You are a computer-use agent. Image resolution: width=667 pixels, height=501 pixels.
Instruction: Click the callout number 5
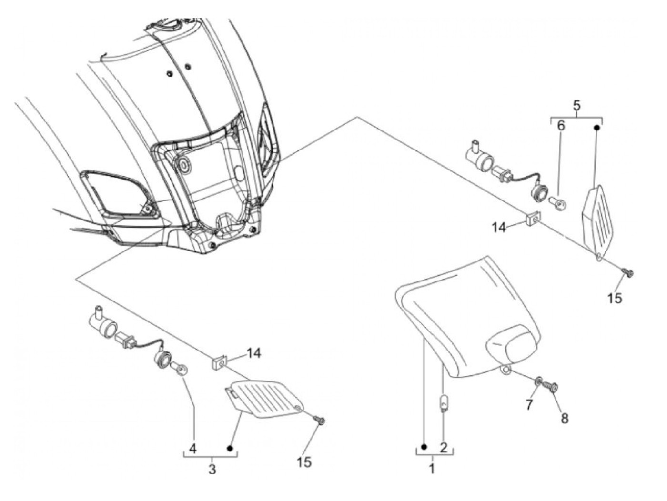pos(576,105)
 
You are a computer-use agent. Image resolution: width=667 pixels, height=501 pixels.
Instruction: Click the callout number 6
pos(561,126)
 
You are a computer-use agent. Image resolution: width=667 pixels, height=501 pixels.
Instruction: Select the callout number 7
pos(529,405)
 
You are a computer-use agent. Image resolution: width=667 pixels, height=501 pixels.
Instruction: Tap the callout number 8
pos(564,418)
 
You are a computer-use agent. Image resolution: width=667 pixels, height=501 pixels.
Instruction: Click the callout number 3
pos(212,469)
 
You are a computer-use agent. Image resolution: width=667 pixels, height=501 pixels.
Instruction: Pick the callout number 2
pos(444,447)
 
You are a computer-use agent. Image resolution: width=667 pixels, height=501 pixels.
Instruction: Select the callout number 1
pos(432,469)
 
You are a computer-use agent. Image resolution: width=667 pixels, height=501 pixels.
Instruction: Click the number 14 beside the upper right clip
pos(499,228)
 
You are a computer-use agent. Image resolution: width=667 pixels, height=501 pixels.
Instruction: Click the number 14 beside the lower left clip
pos(254,353)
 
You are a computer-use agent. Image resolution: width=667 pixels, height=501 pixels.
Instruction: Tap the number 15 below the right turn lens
pos(615,298)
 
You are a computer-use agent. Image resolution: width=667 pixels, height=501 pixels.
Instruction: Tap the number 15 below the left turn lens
pos(304,461)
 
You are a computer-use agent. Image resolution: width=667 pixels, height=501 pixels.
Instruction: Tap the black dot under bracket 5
pos(597,127)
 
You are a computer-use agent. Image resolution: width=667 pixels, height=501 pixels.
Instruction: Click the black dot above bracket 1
pos(424,447)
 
